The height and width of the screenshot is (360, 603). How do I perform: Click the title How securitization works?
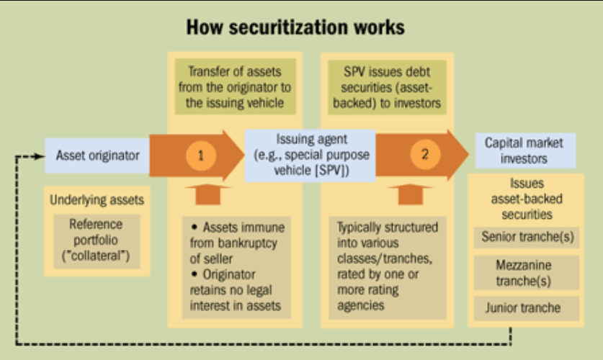coord(295,28)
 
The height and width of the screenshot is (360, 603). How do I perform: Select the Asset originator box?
coord(98,155)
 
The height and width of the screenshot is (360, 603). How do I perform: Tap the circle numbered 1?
coord(201,155)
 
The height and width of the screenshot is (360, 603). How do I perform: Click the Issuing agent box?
coord(309,155)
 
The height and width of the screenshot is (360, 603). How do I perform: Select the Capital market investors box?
coord(519,149)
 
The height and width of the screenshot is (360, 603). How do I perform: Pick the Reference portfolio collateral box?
coord(96,239)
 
